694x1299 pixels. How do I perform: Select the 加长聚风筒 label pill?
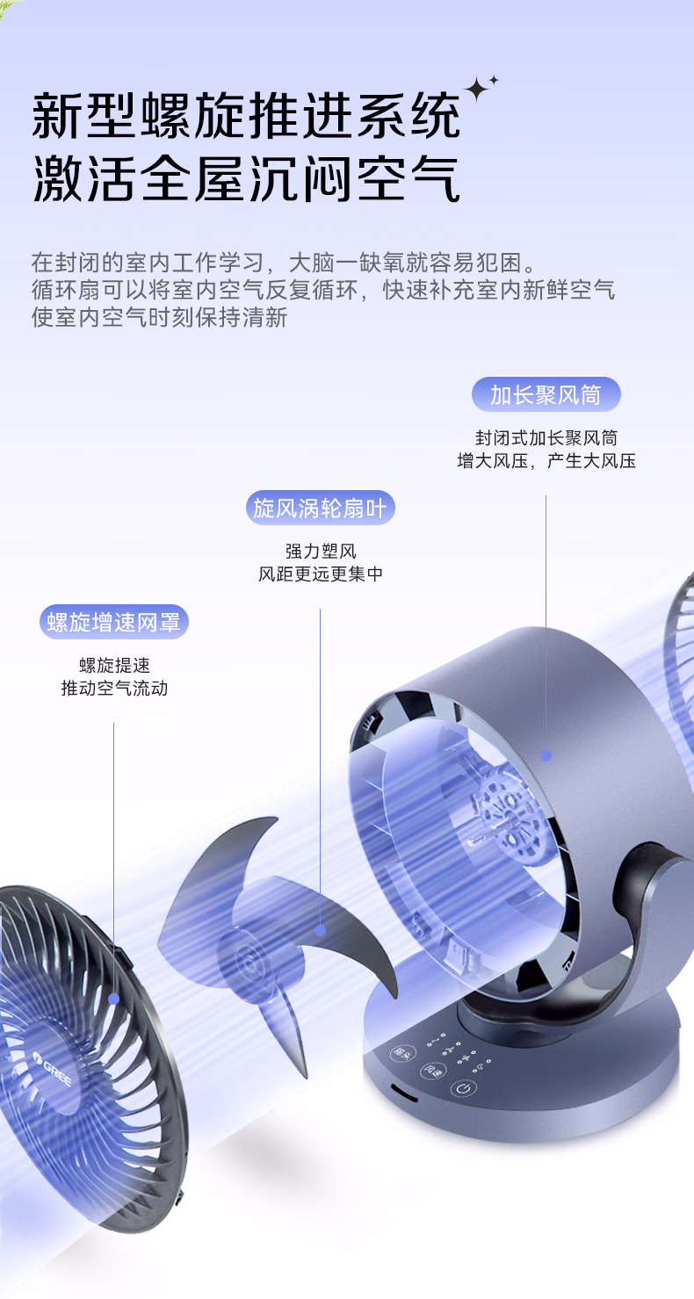pos(546,395)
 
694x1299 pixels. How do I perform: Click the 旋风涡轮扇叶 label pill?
pos(320,508)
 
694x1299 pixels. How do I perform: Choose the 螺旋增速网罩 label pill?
pos(114,622)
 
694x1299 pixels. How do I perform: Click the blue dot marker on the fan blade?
pos(321,929)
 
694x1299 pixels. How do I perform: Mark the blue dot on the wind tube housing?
pos(546,755)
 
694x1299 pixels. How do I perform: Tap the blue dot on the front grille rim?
pos(113,999)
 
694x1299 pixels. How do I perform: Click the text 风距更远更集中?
pos(320,574)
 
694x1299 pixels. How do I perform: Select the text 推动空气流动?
pos(114,689)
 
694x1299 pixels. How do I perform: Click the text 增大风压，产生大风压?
pos(546,460)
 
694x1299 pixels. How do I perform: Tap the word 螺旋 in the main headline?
pos(192,115)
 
